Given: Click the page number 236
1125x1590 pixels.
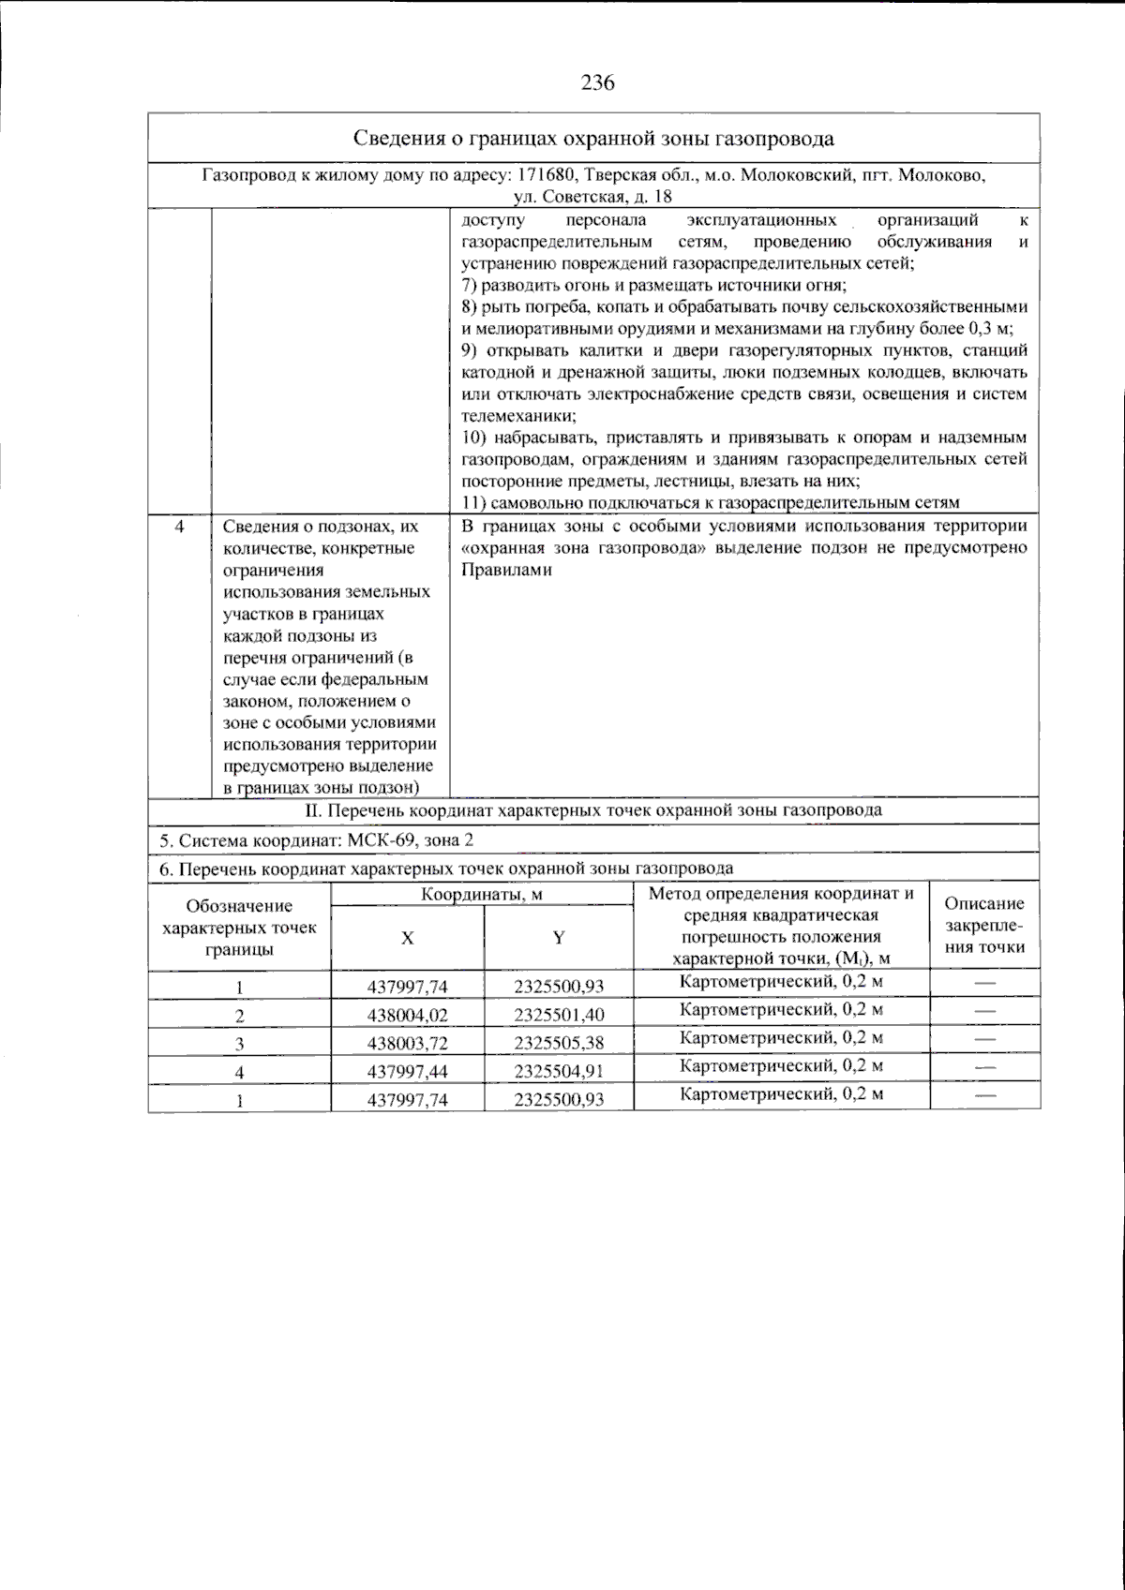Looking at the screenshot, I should [597, 82].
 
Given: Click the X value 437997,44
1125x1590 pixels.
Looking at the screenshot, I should [407, 1072].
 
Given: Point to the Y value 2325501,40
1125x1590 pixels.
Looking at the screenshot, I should [559, 1016].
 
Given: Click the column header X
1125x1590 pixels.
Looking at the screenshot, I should [407, 938].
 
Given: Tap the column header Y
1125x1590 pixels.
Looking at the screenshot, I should [559, 938].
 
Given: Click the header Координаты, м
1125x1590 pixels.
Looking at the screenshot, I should [482, 894].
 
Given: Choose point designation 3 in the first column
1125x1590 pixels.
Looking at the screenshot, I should [239, 1044].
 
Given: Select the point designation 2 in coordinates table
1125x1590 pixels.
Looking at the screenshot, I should [239, 1016].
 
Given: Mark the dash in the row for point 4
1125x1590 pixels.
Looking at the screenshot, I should [984, 1067].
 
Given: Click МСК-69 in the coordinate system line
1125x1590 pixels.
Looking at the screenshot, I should [382, 840].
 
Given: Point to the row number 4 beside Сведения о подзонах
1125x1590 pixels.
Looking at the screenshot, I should [179, 527].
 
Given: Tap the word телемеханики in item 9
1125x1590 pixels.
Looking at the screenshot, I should [518, 415].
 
